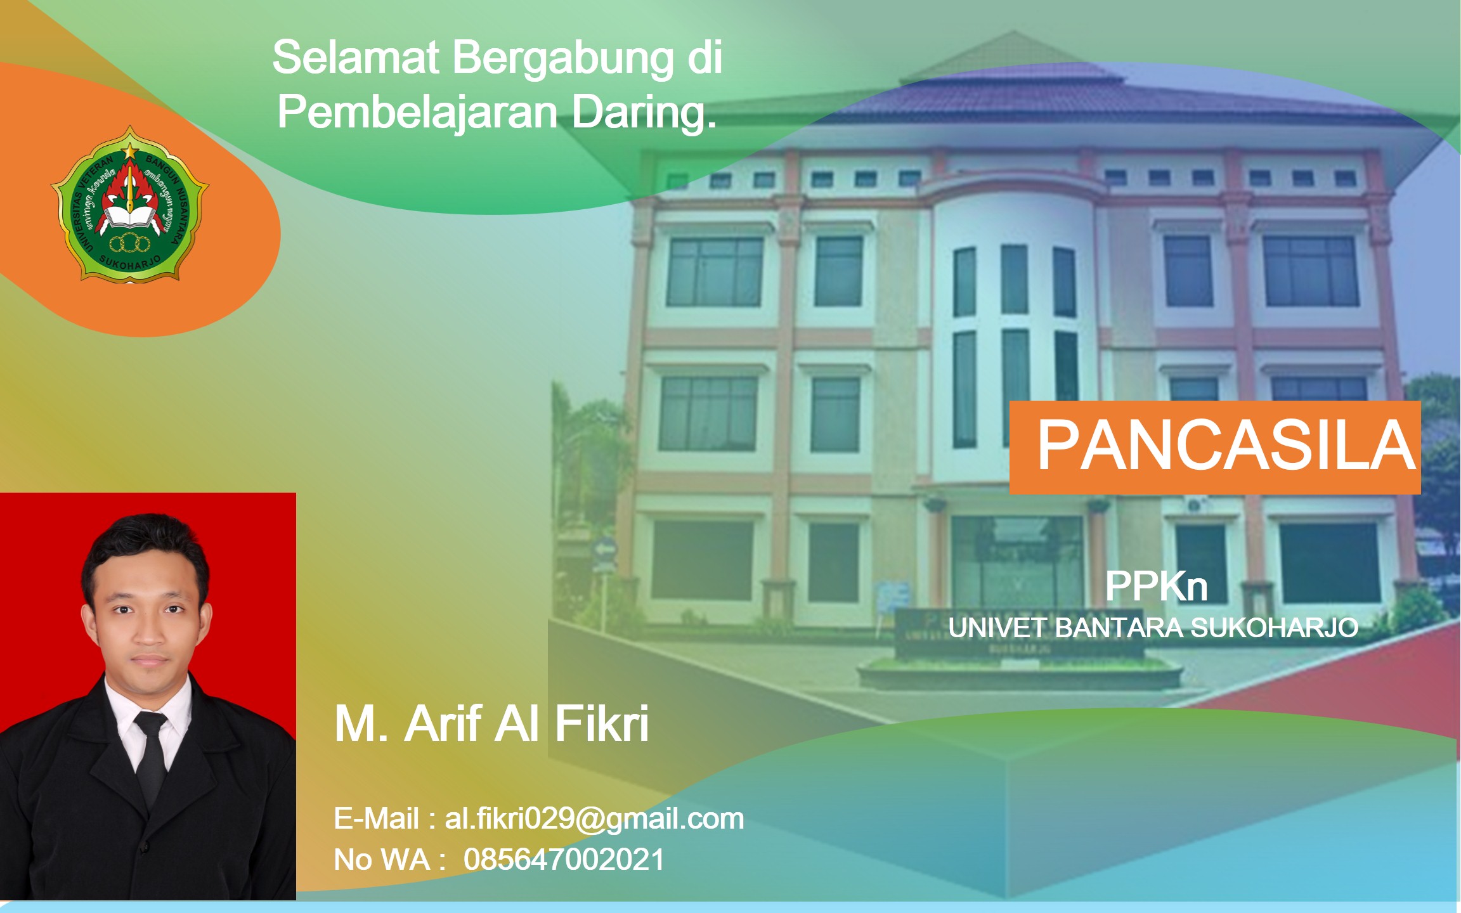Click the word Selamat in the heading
356,57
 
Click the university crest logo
130,204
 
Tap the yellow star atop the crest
130,151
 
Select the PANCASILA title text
1225,445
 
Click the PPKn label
1156,585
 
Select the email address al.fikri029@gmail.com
594,819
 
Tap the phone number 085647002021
564,860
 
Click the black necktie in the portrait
151,758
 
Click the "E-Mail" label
376,819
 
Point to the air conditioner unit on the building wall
1195,505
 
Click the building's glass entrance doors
1016,561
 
